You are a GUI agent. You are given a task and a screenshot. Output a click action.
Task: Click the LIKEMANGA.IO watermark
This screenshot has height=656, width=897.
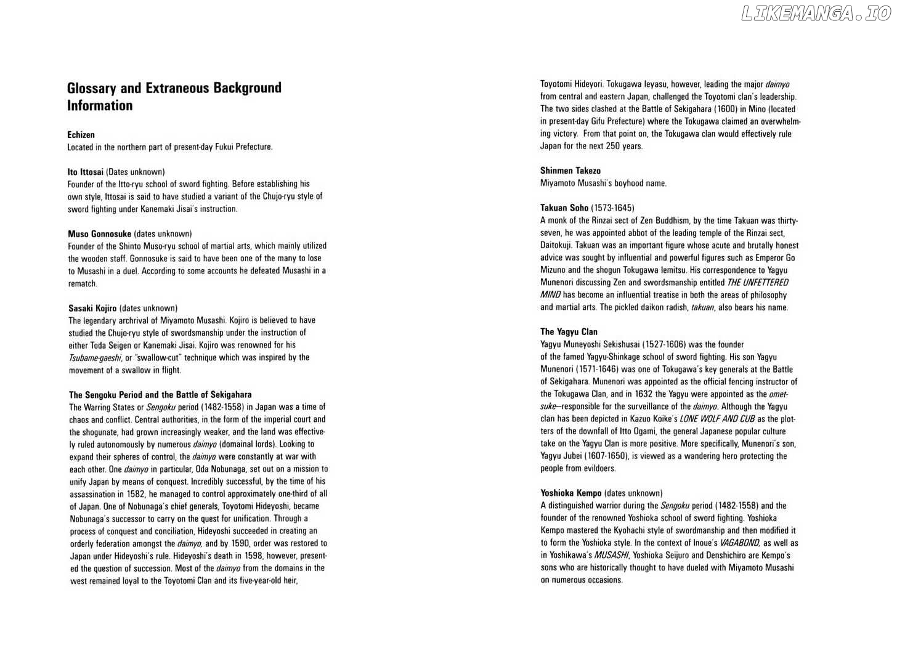point(816,14)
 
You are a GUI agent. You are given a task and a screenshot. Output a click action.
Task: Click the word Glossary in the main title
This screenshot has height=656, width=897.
point(92,88)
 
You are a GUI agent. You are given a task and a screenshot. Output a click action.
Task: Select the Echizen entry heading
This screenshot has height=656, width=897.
point(81,135)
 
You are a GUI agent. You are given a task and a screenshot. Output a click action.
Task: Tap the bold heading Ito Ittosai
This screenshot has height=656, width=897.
point(86,172)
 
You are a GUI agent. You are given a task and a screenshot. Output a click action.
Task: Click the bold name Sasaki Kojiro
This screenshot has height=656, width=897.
point(92,308)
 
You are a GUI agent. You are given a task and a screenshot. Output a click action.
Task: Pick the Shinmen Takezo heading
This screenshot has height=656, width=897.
point(570,171)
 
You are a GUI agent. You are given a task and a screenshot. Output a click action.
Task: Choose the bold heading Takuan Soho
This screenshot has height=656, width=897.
point(564,208)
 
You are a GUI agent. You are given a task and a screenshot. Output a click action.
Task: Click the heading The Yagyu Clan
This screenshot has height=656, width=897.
point(569,332)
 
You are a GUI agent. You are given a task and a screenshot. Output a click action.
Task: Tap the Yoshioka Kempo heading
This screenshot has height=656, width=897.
point(570,493)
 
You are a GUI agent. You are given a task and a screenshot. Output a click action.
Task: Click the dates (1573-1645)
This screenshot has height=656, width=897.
point(612,208)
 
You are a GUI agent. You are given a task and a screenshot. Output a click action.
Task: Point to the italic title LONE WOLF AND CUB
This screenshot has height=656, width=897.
point(717,419)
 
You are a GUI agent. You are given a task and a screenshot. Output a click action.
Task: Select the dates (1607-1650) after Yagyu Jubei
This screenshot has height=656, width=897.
point(595,456)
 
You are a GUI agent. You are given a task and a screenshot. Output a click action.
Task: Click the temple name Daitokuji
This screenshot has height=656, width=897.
point(559,245)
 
